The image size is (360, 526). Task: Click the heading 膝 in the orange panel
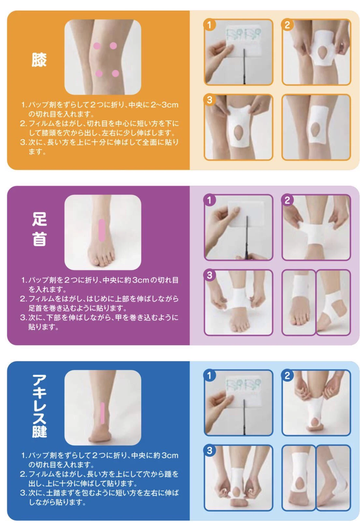pos(39,60)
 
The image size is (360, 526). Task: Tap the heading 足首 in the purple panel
pos(39,228)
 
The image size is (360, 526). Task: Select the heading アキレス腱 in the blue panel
pos(39,406)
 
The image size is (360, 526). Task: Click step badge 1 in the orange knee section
pos(209,25)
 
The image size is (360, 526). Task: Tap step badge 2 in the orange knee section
pos(287,25)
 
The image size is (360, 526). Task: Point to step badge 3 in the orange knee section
pos(209,100)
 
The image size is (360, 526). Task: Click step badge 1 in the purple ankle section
pos(209,200)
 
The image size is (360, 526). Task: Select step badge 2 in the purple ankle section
pos(287,200)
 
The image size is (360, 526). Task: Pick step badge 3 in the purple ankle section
pos(209,275)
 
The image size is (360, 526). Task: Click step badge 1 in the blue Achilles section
pos(209,375)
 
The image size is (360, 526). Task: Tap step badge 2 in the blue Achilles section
pos(287,375)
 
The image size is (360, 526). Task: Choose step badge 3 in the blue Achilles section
pos(209,450)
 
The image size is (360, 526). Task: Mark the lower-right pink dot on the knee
pos(115,73)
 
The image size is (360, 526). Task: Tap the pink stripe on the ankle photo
pos(102,230)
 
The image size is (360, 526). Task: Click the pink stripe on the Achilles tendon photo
pos(102,413)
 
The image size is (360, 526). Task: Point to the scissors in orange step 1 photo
pos(244,67)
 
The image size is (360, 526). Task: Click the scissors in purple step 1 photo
pos(247,238)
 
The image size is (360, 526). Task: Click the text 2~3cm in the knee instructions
pos(164,105)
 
